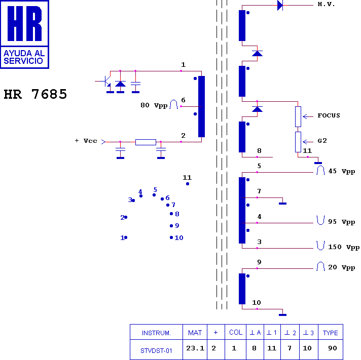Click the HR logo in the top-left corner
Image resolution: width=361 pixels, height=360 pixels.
pyautogui.click(x=24, y=34)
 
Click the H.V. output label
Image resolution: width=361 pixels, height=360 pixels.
pyautogui.click(x=326, y=5)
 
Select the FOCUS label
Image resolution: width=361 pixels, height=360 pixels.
pyautogui.click(x=329, y=115)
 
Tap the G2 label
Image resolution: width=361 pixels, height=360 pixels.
pyautogui.click(x=322, y=140)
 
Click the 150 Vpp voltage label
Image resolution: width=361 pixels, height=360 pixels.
pyautogui.click(x=344, y=248)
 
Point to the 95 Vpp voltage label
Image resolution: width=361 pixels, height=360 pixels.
pyautogui.click(x=341, y=222)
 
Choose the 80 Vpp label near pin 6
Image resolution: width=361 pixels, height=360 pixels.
pyautogui.click(x=154, y=106)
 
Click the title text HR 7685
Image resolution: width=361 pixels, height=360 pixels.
pyautogui.click(x=35, y=95)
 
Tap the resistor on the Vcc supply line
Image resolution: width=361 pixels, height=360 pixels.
pyautogui.click(x=146, y=142)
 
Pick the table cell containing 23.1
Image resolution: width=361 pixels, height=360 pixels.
pyautogui.click(x=195, y=348)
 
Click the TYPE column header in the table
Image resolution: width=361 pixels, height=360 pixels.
pyautogui.click(x=330, y=333)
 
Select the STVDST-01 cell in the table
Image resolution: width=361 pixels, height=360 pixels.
pyautogui.click(x=156, y=349)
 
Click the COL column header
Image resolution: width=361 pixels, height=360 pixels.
pyautogui.click(x=235, y=333)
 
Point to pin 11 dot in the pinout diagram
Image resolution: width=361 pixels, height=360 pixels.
pyautogui.click(x=188, y=184)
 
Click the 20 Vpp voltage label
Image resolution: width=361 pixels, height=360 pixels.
pyautogui.click(x=341, y=267)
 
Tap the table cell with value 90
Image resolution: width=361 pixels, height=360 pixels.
pyautogui.click(x=332, y=348)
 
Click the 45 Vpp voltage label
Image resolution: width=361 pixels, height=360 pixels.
pyautogui.click(x=341, y=171)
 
